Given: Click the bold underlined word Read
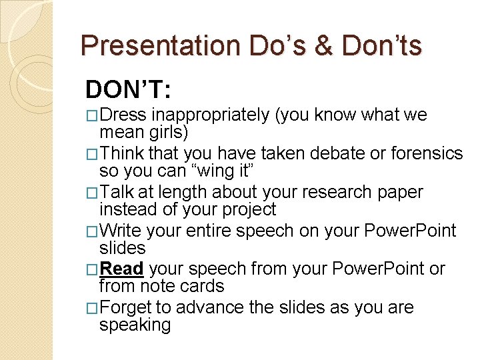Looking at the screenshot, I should (121, 269).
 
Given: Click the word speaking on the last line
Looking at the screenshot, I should (135, 325).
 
